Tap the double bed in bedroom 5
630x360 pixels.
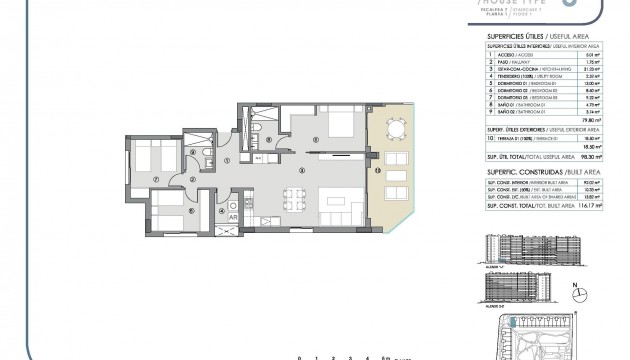[324, 126]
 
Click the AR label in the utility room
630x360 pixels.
[233, 217]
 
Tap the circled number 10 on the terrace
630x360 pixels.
[377, 171]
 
